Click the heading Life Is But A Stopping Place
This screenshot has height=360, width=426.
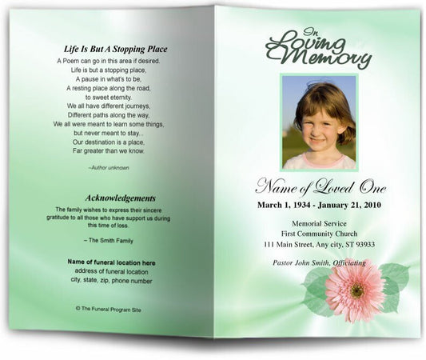(x=115, y=49)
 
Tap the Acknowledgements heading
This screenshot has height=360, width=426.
(x=121, y=198)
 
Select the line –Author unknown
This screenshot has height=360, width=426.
(x=109, y=167)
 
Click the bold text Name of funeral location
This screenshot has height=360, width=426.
(x=110, y=262)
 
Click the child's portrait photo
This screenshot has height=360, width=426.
(x=319, y=122)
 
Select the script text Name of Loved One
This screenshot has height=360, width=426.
(x=320, y=189)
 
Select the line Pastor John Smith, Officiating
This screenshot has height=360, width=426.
(x=319, y=262)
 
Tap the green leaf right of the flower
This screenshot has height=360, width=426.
(x=393, y=280)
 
